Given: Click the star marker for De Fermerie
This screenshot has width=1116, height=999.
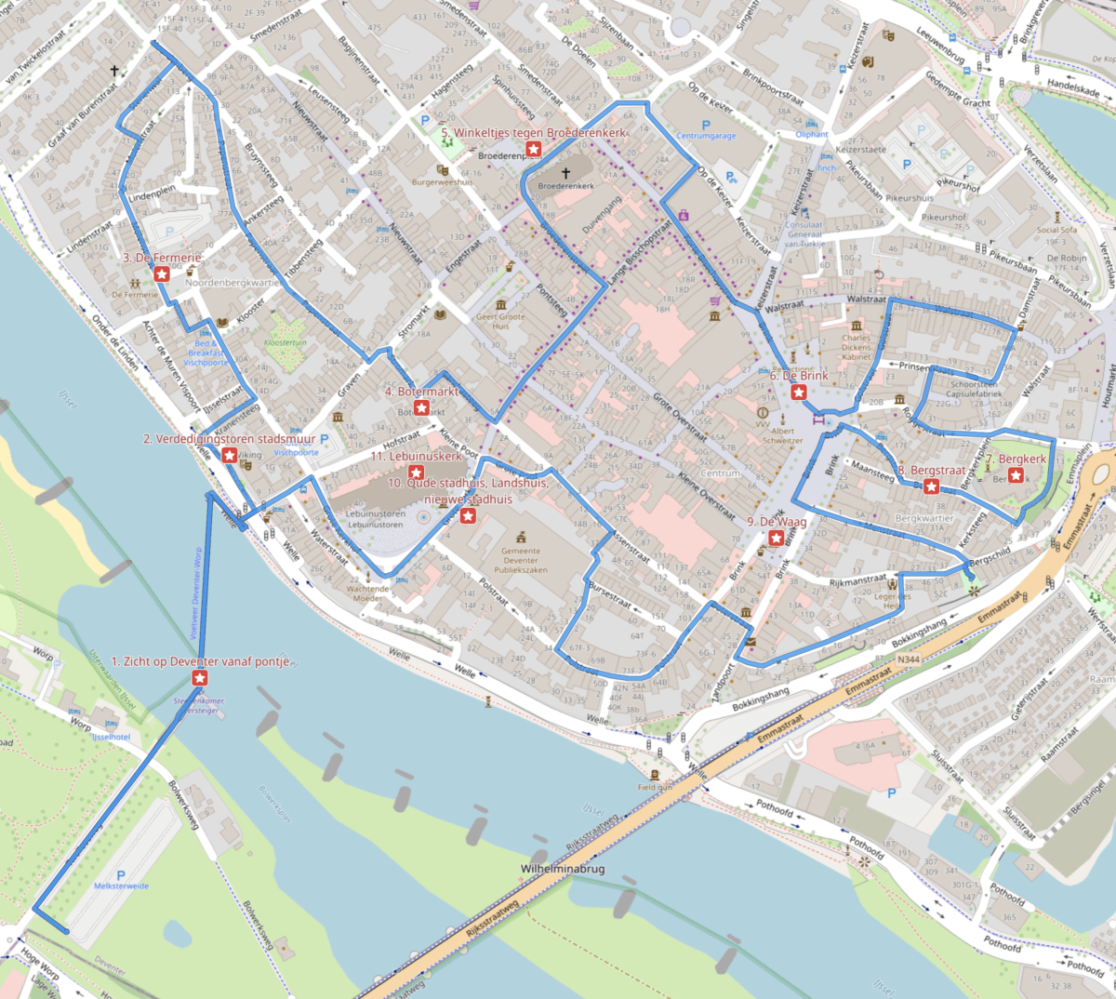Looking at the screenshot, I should [162, 273].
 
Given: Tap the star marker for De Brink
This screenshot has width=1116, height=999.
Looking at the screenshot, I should [798, 393].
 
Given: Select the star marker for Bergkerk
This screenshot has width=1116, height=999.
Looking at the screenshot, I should [1016, 475].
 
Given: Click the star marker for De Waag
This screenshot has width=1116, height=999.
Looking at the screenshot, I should [777, 538].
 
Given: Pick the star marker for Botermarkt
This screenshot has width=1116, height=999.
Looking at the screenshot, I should [420, 407].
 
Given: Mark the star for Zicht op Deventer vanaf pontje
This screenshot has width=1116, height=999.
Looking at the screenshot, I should [199, 678].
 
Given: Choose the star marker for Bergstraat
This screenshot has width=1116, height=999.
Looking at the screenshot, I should [931, 486].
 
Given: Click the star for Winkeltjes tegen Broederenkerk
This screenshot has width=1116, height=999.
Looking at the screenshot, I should [534, 149].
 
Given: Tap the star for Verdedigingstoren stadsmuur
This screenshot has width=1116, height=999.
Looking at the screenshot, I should [229, 454].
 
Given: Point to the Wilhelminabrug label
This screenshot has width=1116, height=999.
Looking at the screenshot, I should [563, 869].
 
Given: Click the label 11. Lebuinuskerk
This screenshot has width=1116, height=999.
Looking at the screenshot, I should [417, 457].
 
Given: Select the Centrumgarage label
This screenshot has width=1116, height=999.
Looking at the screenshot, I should [706, 136].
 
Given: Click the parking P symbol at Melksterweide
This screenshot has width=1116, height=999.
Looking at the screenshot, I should [121, 875].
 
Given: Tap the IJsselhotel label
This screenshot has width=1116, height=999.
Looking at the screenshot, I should [111, 737].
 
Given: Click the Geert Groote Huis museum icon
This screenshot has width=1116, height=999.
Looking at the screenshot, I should [501, 304].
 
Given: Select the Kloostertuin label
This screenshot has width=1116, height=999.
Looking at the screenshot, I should [285, 343].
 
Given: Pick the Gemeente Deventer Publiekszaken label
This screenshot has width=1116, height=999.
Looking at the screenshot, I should [521, 560].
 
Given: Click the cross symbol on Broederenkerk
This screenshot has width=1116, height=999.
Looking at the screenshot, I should [565, 174].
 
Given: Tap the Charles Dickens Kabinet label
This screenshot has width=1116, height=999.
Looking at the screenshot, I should [857, 348].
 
